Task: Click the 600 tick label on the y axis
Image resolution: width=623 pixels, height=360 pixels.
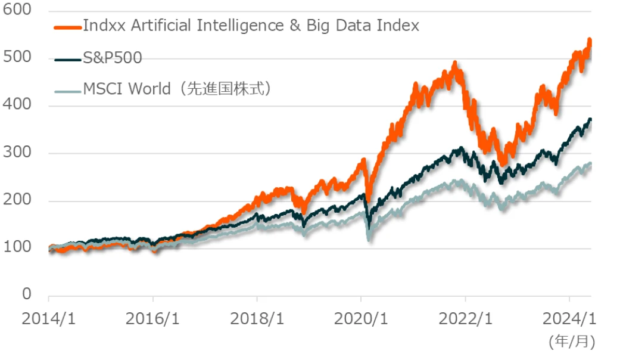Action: (17, 12)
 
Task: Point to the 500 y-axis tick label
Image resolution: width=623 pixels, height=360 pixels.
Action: (17, 59)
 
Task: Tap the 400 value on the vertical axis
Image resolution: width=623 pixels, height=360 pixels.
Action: (17, 106)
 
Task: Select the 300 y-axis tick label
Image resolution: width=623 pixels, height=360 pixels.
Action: (17, 154)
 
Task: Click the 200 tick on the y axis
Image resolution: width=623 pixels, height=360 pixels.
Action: (17, 201)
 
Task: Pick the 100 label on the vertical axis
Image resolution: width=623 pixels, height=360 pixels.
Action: (17, 248)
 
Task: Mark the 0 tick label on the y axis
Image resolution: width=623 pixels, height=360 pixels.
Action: (26, 295)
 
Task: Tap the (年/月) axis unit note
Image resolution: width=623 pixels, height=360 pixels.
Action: (571, 342)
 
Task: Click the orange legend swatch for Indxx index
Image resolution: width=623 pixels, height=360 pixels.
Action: (67, 27)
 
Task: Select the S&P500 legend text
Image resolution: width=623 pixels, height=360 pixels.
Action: (113, 58)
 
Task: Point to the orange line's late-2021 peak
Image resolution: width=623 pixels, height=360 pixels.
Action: (455, 63)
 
